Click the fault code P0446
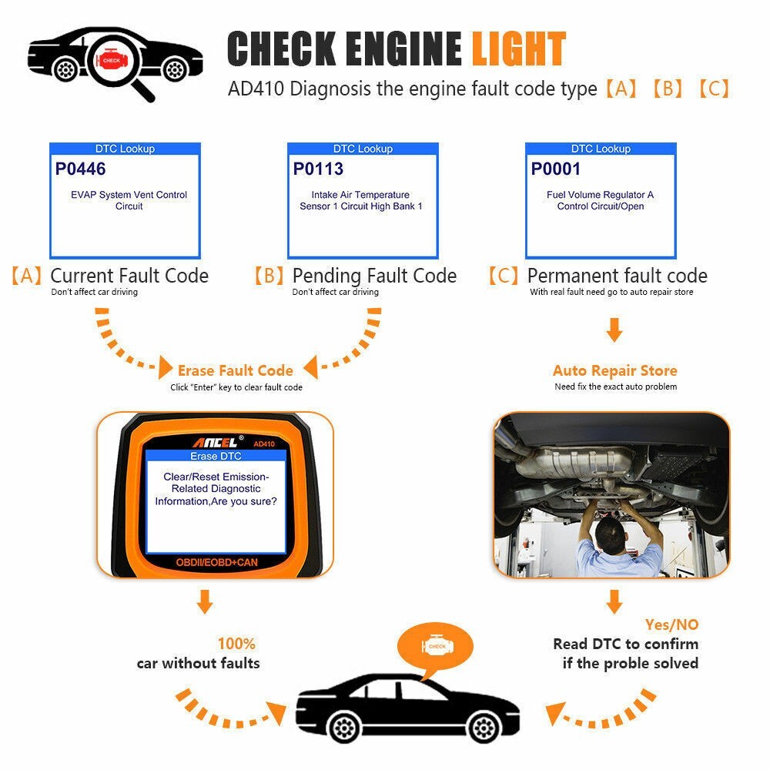[81, 169]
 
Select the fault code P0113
[318, 169]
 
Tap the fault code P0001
[556, 169]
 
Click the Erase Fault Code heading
[235, 370]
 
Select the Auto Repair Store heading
[615, 370]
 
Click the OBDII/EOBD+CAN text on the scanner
[216, 563]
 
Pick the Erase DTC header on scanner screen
[216, 456]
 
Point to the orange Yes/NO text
[671, 624]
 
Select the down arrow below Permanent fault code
[614, 332]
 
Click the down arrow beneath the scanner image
[204, 601]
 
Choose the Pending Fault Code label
[374, 276]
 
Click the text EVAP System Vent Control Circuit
[129, 200]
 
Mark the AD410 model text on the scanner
[263, 444]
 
